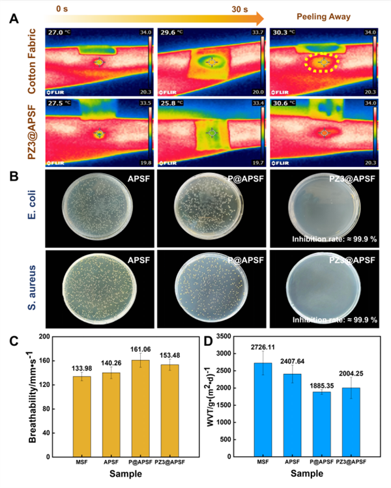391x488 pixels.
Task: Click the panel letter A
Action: [12, 18]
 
